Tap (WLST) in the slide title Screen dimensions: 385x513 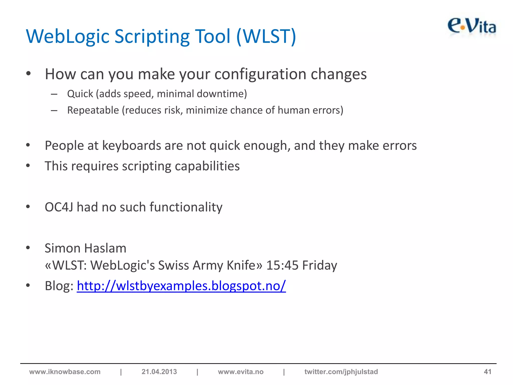266,37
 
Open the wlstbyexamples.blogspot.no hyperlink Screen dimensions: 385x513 181,286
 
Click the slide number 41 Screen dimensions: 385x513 487,371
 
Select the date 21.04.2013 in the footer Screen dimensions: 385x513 159,371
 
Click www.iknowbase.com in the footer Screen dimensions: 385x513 65,371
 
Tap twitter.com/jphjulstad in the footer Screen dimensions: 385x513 341,371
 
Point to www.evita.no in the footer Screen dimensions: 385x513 240,371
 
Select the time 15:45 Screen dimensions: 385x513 282,265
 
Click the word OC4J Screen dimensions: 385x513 59,207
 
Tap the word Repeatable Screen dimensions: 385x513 93,110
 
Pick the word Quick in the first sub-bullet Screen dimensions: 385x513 80,94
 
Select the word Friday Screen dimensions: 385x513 320,265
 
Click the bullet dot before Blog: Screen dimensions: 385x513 28,285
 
